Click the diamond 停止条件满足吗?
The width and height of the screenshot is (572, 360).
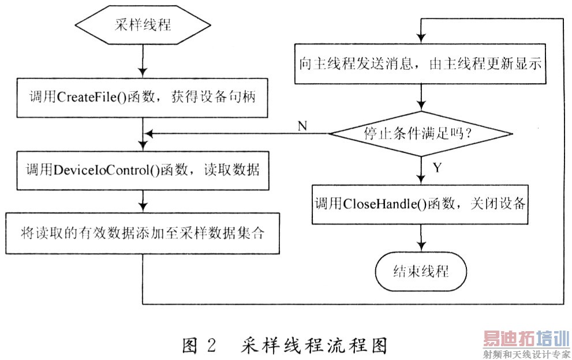420,134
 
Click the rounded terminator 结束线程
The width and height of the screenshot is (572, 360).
420,271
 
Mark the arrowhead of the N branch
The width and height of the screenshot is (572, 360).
148,134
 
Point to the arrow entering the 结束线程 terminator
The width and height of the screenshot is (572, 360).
421,238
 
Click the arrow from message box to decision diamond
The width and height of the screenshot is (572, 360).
421,97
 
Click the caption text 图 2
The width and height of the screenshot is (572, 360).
199,344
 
